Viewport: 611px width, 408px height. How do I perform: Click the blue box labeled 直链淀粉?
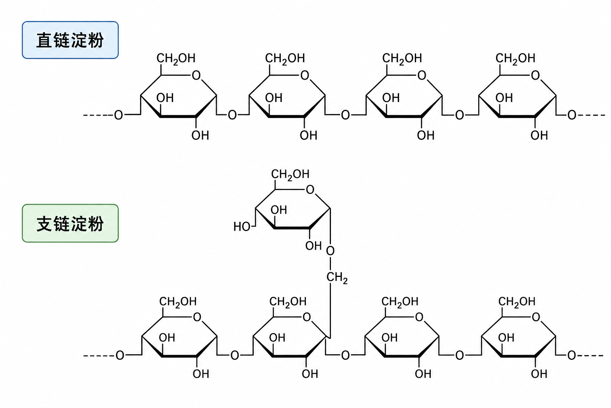(70, 40)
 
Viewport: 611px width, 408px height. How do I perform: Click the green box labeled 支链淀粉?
(70, 223)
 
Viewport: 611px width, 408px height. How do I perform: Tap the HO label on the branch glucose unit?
(242, 227)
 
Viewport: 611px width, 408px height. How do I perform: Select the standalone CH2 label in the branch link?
(337, 278)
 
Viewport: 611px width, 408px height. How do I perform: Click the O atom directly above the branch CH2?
(330, 251)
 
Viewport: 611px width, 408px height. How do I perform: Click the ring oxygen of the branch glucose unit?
(310, 189)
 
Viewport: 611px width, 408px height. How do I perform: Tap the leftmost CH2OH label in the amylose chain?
(176, 59)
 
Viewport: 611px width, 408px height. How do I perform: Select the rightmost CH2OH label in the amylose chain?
(515, 59)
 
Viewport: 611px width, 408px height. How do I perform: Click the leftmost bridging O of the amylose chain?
(119, 115)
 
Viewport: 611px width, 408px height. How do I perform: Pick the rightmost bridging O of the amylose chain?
(572, 115)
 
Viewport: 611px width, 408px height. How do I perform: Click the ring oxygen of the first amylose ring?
(196, 75)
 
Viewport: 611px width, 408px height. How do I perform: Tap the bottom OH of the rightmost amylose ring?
(539, 135)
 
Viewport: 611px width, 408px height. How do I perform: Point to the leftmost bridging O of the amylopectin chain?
(120, 355)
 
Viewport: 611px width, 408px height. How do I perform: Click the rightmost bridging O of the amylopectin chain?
(572, 355)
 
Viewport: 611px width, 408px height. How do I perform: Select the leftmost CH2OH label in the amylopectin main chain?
(178, 302)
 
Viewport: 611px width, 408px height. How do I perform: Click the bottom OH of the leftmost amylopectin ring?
(201, 374)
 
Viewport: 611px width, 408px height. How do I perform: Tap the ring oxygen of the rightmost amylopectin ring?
(536, 317)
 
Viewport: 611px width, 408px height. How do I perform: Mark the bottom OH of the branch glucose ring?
(313, 246)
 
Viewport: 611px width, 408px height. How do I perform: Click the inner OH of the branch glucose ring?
(279, 210)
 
